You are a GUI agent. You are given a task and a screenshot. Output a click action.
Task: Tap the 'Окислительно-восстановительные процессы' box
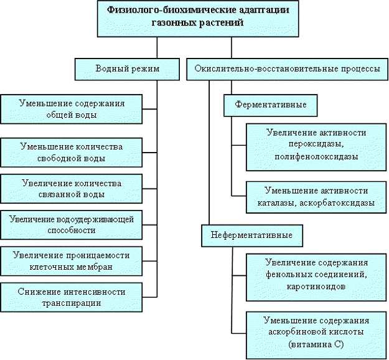(x=288, y=69)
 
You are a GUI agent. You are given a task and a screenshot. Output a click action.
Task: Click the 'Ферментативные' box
(x=269, y=105)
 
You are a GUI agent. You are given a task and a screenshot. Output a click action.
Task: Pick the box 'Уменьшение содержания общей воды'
(x=72, y=108)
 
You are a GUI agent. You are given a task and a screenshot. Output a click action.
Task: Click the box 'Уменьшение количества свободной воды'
(x=72, y=152)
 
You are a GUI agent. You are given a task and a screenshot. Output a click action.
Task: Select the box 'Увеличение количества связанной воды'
(x=70, y=188)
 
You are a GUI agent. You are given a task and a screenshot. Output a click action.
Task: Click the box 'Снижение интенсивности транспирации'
(x=70, y=297)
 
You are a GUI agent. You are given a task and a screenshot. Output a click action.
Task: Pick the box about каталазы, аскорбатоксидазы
(x=316, y=196)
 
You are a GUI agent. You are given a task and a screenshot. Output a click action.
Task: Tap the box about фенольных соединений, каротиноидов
(x=316, y=275)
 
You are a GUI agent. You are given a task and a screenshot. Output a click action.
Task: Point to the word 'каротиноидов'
(x=316, y=287)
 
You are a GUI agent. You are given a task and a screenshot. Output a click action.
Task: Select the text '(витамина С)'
(x=316, y=344)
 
